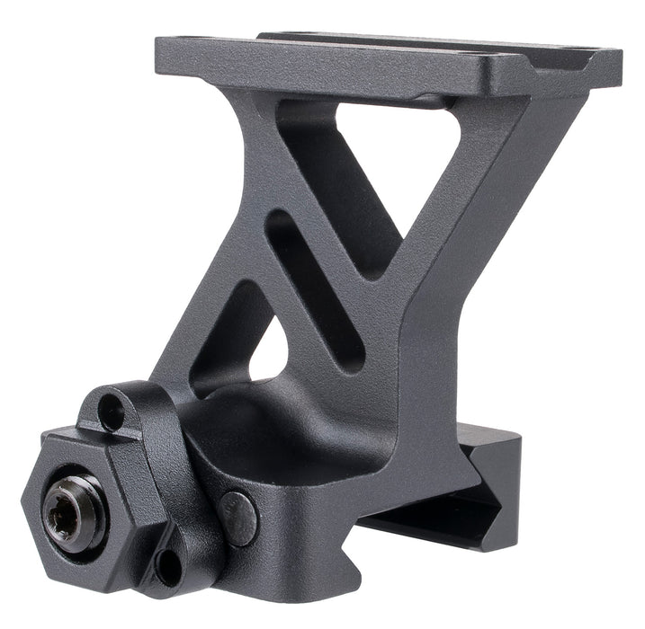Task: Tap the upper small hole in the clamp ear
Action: click(112, 412)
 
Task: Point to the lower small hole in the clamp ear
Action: click(167, 567)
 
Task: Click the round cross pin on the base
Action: click(238, 518)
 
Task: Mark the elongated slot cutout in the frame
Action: click(315, 288)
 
